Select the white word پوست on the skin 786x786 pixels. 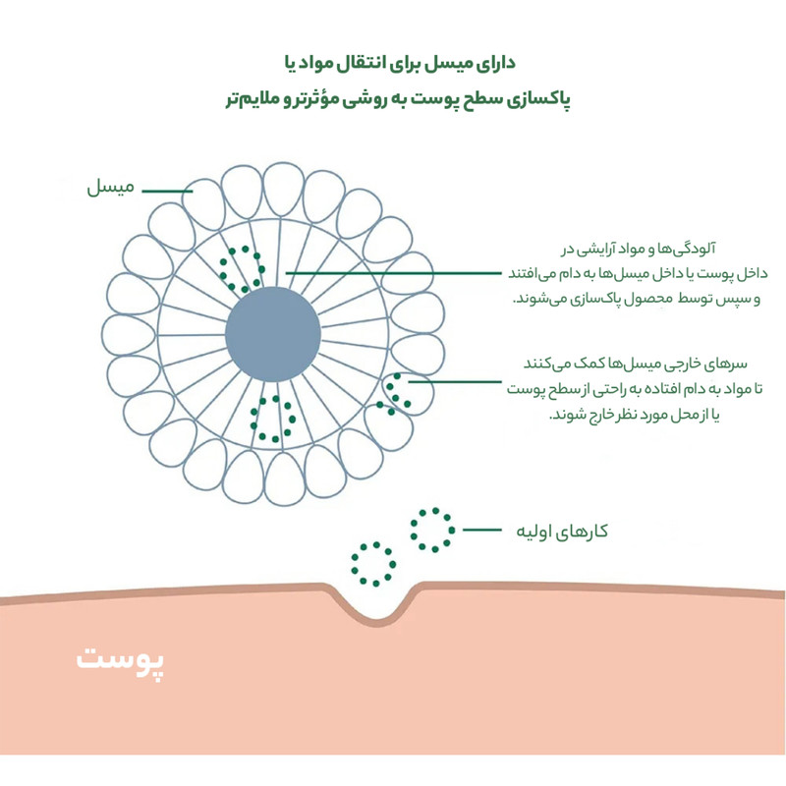coord(122,661)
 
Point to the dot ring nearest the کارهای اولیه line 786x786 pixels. coord(432,530)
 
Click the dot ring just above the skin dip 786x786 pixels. coord(372,564)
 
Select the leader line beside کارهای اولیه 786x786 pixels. coord(484,531)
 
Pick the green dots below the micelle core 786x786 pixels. coord(273,418)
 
